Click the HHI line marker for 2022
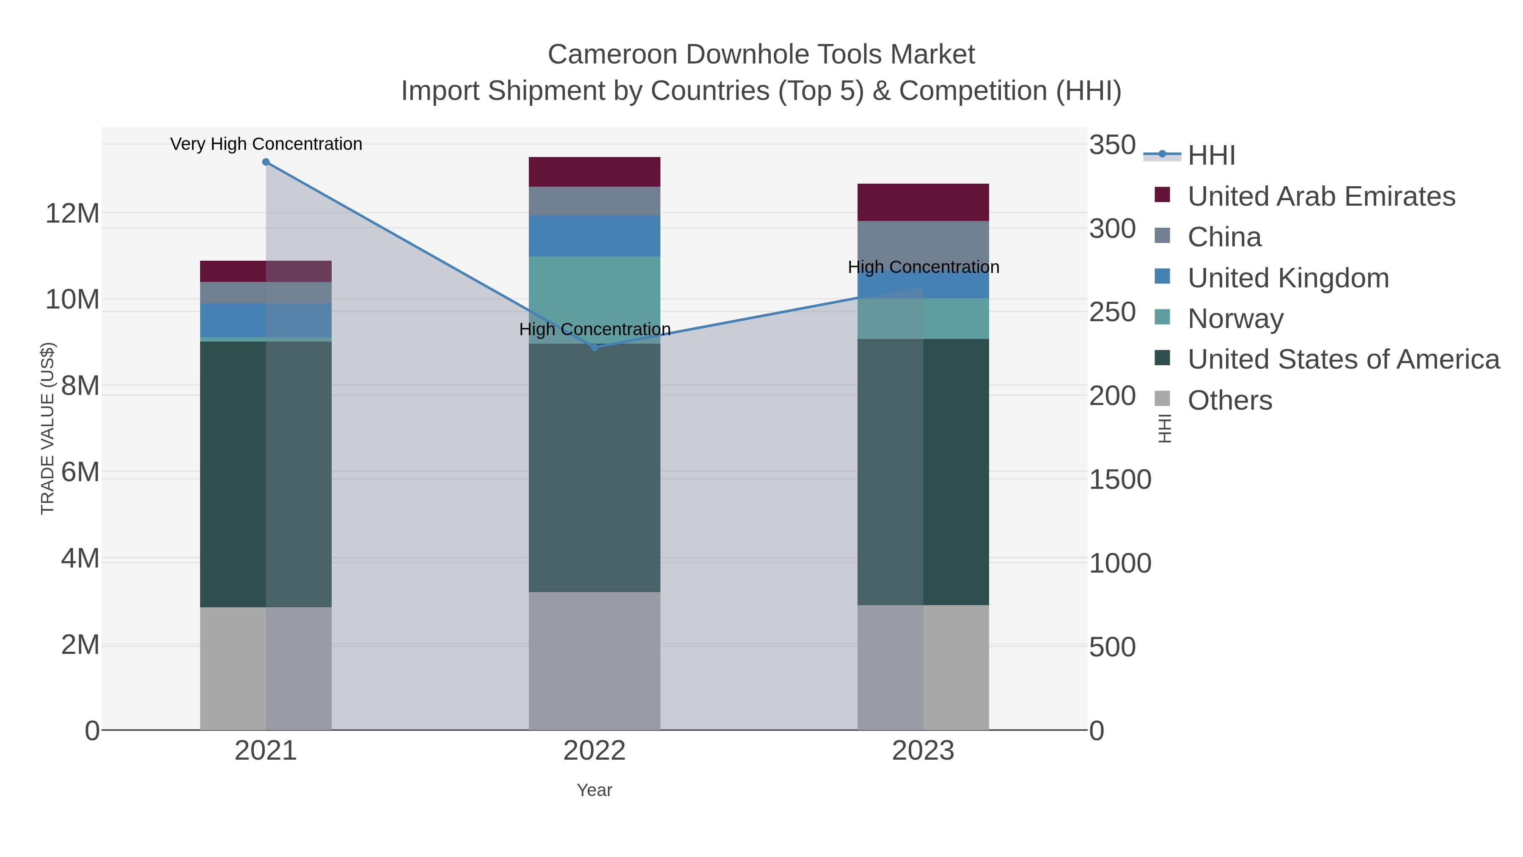(x=595, y=347)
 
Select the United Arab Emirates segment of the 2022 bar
(x=594, y=171)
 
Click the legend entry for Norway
(x=1236, y=319)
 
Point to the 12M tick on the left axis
(x=72, y=214)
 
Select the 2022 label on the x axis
(x=594, y=752)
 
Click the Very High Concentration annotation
(x=266, y=144)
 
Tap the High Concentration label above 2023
(x=924, y=267)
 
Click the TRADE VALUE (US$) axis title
(x=47, y=428)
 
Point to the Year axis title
(x=594, y=790)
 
